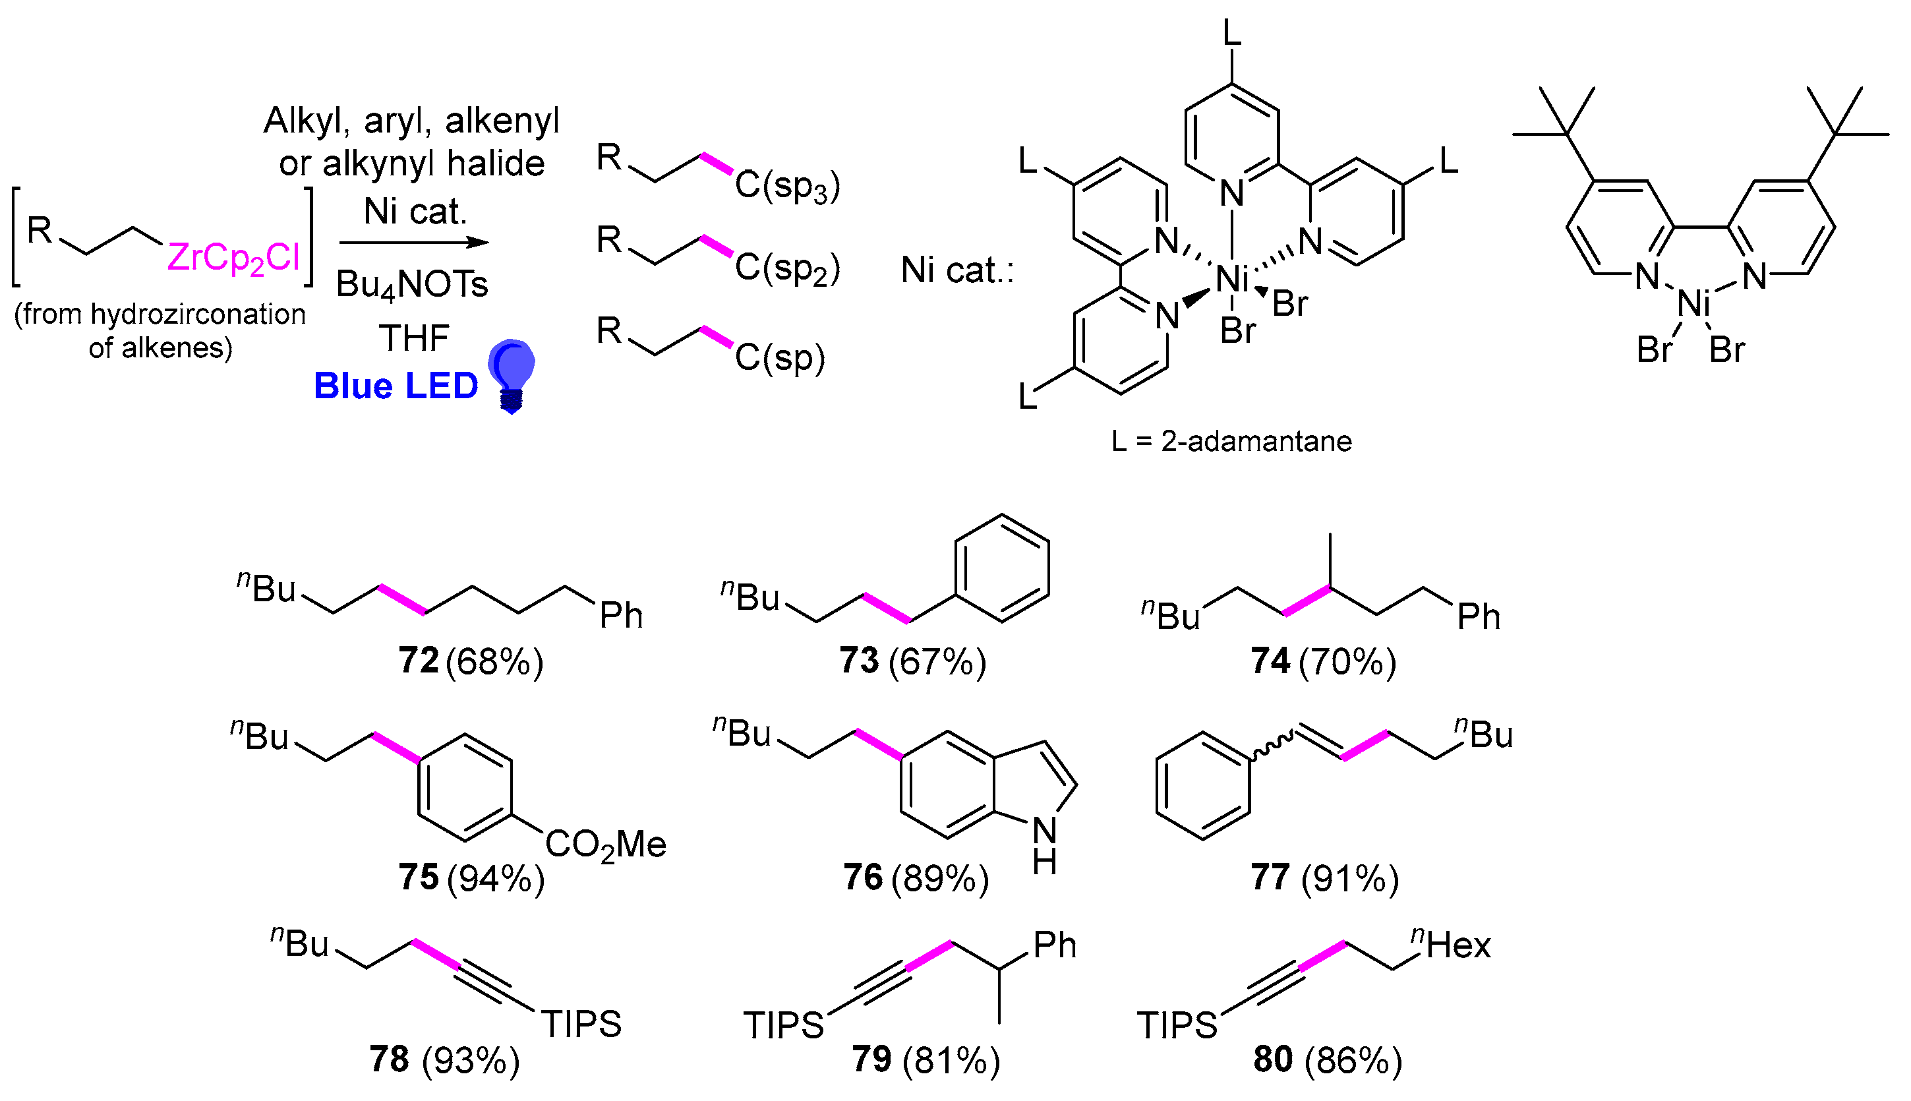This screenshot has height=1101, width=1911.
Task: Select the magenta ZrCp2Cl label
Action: [233, 258]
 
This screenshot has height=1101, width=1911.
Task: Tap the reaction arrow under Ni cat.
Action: [413, 243]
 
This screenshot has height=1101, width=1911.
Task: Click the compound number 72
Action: [419, 661]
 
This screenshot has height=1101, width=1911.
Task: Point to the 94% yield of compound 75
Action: [496, 878]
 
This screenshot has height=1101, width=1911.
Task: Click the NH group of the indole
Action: [1045, 845]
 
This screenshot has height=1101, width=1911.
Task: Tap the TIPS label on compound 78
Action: [581, 1025]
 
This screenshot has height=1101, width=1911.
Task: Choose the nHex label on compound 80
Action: [1452, 945]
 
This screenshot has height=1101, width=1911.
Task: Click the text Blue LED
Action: [396, 386]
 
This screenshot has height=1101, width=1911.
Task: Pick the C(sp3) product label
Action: [787, 185]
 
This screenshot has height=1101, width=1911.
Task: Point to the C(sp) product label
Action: [779, 357]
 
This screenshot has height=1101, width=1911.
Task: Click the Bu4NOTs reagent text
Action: [412, 285]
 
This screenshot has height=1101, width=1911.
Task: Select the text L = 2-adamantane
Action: [1231, 441]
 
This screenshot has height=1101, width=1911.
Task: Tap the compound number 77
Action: [1270, 877]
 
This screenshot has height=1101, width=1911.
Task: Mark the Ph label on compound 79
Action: [1055, 945]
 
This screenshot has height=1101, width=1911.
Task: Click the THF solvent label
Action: [413, 338]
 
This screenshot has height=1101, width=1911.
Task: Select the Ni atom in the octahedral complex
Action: [1232, 280]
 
